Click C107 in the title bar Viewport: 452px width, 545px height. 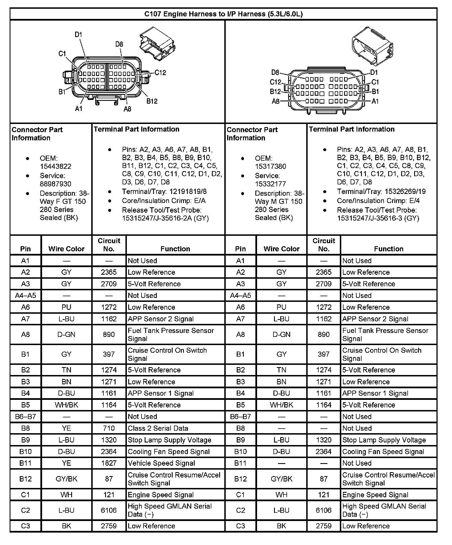point(153,14)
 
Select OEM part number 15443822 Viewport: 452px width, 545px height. point(55,166)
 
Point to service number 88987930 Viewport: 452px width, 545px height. point(55,184)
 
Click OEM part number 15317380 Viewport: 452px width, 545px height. point(270,166)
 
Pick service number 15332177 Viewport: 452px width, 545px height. point(270,184)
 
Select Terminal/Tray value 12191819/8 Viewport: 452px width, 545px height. point(188,192)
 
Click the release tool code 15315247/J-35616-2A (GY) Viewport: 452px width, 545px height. point(165,218)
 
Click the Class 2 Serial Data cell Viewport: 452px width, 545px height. point(158,428)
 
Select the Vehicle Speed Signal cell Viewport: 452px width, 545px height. point(161,463)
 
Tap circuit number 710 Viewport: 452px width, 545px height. point(109,428)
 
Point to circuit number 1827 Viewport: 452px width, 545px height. point(109,463)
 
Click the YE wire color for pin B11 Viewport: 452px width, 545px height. point(66,463)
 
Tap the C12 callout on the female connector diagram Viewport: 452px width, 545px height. point(160,73)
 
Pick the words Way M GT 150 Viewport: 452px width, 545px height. point(278,201)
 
